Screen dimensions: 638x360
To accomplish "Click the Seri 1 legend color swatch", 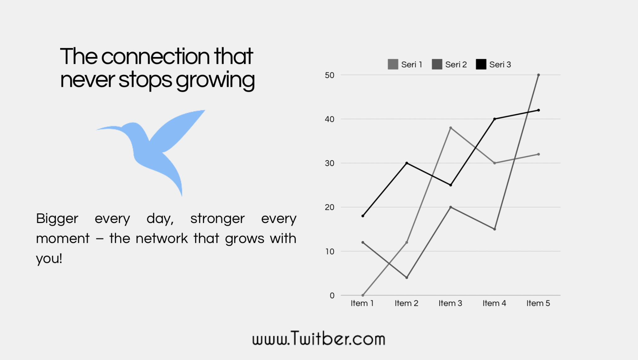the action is tap(393, 64).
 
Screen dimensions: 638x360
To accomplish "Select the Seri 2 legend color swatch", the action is tap(437, 64).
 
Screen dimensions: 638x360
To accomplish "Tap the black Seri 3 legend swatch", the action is tap(481, 64).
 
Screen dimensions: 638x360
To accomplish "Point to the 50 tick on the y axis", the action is tap(330, 75).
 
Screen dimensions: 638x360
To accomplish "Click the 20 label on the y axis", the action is tap(330, 207).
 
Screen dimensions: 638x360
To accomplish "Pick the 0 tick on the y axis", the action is tap(332, 296).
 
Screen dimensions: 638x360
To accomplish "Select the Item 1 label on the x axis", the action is tap(362, 303).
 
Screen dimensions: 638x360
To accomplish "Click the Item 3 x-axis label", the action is tap(450, 303).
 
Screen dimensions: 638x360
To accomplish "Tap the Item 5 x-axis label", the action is tap(538, 303).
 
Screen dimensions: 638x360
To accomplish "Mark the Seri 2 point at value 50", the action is tap(539, 75).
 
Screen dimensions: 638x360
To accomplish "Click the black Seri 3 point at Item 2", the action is tap(407, 163).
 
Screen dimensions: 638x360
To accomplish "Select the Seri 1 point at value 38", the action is tap(451, 128).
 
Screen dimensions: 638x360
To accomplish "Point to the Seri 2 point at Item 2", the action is tap(407, 277).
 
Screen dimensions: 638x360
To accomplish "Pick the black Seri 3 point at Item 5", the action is tap(539, 110).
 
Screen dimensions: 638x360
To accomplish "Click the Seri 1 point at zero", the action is tap(363, 295).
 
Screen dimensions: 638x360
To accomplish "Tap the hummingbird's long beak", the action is tap(107, 128).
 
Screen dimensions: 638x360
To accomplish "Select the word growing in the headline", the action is tap(215, 81).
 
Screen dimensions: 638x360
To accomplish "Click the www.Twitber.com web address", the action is tap(319, 338).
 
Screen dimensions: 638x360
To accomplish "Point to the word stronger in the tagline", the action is tap(217, 219).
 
